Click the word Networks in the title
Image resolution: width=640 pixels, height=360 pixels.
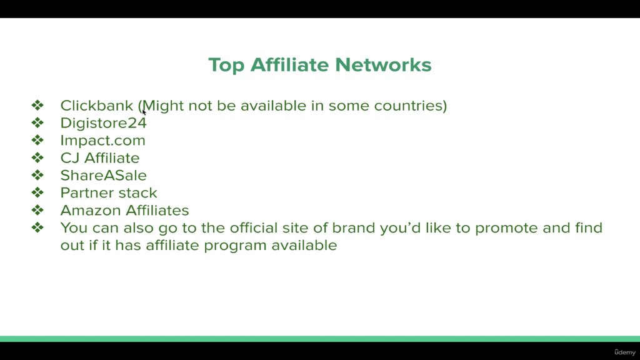coord(383,65)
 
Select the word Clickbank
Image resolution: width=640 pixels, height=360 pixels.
coord(97,105)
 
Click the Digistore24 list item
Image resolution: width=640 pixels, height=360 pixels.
coord(103,123)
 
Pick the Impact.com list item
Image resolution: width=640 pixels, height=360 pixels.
coord(103,141)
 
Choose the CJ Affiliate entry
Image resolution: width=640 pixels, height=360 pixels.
coord(100,158)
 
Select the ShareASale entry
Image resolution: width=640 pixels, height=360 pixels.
coord(103,176)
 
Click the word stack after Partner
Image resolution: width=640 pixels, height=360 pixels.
coord(139,193)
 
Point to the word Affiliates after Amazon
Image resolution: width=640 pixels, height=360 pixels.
coord(157,210)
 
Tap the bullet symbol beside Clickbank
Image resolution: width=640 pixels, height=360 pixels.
coord(37,105)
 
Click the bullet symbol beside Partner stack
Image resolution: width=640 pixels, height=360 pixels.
coord(37,192)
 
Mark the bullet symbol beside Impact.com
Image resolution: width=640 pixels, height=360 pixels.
coord(37,141)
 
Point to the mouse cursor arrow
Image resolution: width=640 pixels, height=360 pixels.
coord(144,112)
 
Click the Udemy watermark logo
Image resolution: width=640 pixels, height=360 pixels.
coord(625,352)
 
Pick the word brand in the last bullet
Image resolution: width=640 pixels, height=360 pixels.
coord(354,227)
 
